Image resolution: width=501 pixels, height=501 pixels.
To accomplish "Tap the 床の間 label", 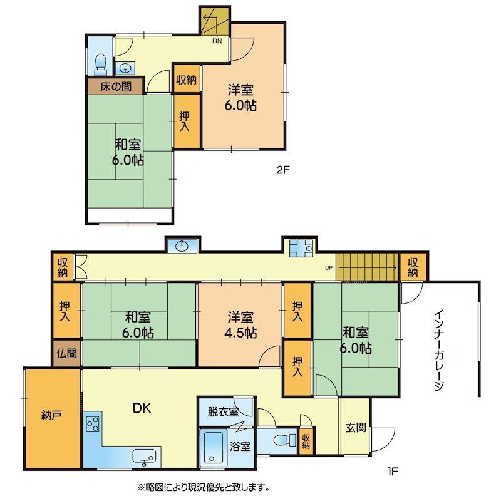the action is tap(116, 86).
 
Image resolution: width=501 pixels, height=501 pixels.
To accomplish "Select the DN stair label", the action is tap(217, 41).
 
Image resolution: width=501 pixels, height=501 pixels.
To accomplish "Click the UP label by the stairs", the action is tap(329, 268).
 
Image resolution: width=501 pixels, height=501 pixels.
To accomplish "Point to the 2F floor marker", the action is tap(283, 170).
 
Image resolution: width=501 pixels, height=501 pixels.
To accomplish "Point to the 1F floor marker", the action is tap(393, 471).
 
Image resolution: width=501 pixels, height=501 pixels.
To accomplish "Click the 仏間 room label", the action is tap(67, 353).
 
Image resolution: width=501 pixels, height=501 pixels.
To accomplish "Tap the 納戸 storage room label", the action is tap(51, 415).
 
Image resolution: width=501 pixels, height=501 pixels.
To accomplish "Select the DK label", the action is tap(142, 408).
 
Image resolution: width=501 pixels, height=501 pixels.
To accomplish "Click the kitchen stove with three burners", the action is tap(93, 425).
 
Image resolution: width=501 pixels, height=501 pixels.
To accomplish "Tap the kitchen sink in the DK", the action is tap(144, 456).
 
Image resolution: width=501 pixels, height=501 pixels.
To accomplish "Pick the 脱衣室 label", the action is tap(223, 412).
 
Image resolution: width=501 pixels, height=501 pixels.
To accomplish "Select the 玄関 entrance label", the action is tap(356, 428).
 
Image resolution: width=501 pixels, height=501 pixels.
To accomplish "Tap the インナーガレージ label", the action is tap(440, 351).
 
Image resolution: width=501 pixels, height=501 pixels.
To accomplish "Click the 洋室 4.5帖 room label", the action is tap(240, 325).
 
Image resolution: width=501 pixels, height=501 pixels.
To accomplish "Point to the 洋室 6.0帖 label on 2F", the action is tap(240, 97).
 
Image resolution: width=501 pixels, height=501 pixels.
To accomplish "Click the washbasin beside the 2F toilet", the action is tap(125, 68).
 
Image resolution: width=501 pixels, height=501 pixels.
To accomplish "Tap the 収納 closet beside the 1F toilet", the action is tap(306, 442).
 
